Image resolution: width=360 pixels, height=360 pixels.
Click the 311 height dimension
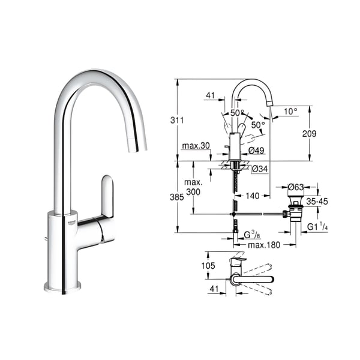coord(177,120)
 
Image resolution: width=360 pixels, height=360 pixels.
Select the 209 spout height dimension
coord(309,133)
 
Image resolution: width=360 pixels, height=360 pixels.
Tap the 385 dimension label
coord(176,197)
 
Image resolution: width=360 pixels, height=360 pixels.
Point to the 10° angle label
coord(290,112)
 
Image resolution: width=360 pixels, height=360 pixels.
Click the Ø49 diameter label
coord(256,151)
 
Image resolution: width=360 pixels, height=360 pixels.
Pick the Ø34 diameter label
coord(260,169)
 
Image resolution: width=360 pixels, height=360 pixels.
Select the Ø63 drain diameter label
coord(296,187)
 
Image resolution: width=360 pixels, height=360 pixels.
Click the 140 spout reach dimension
coord(253,196)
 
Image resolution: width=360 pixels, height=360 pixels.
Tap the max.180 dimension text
coord(264,245)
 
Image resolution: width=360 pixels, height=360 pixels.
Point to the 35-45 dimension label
coord(317,202)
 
